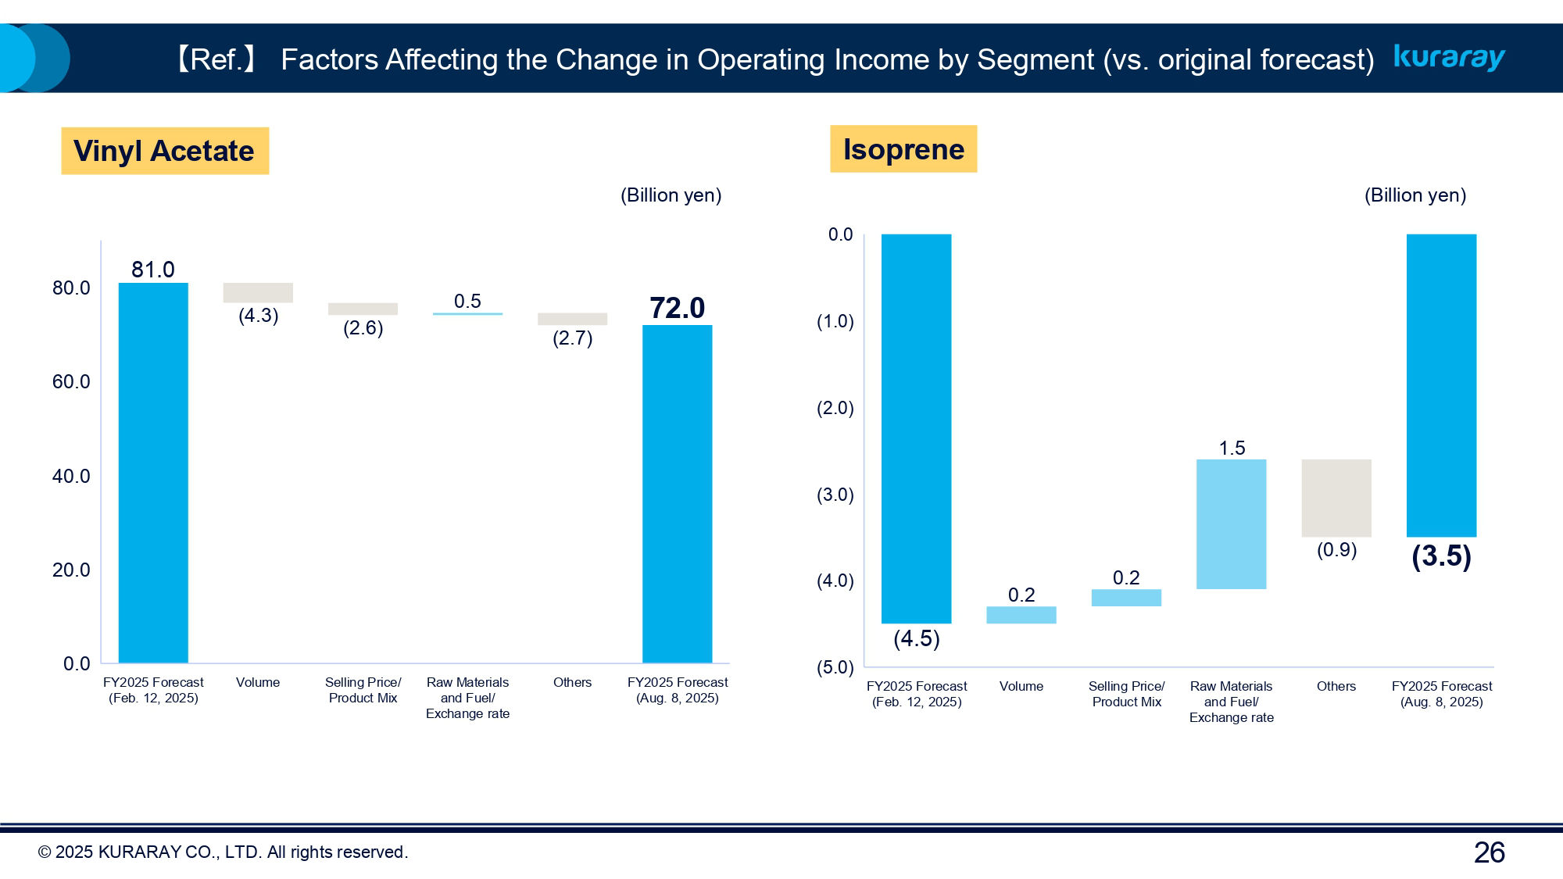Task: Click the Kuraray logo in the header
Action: point(1449,57)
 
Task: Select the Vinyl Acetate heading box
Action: point(165,151)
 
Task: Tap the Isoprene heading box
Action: point(903,149)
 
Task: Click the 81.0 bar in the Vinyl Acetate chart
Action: point(153,472)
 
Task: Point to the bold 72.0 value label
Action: point(677,308)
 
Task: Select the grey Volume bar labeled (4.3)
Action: point(258,292)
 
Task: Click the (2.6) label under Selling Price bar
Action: point(363,328)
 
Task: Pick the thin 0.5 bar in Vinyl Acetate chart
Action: point(467,313)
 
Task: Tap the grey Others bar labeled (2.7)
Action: point(572,319)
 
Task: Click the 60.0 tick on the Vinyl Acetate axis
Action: point(71,382)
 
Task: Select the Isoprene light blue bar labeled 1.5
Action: point(1231,523)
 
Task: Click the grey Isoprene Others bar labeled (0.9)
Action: point(1336,498)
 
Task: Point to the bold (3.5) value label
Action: point(1441,556)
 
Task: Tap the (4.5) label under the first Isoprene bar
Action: point(916,639)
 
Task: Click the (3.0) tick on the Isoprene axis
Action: point(835,495)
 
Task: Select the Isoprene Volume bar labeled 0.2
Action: point(1021,615)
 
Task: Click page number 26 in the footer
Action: point(1489,852)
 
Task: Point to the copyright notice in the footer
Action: point(223,852)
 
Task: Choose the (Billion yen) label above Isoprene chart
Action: point(1415,195)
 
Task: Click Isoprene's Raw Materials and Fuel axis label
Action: point(1231,702)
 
